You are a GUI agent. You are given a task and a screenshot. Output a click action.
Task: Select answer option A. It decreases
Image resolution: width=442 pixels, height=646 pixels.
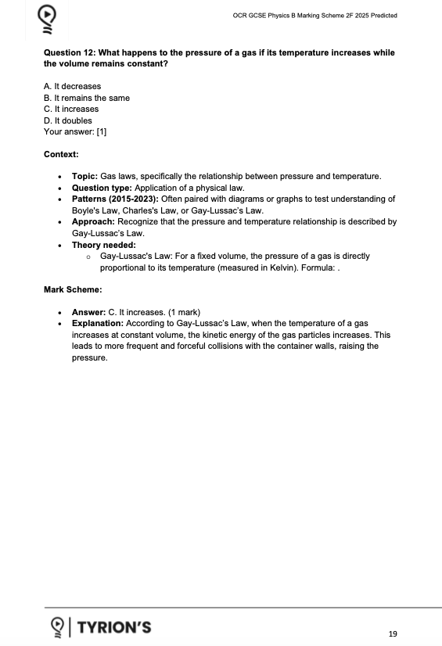click(72, 86)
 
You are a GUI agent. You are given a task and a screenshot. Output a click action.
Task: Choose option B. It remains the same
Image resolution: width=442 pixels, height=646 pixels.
click(86, 98)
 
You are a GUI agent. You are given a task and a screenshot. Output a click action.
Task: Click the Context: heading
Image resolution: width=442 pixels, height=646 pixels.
click(61, 154)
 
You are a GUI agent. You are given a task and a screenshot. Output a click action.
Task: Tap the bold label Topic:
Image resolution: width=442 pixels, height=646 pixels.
click(84, 177)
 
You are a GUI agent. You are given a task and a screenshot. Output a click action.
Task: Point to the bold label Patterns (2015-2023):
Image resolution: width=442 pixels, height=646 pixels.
click(115, 199)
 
